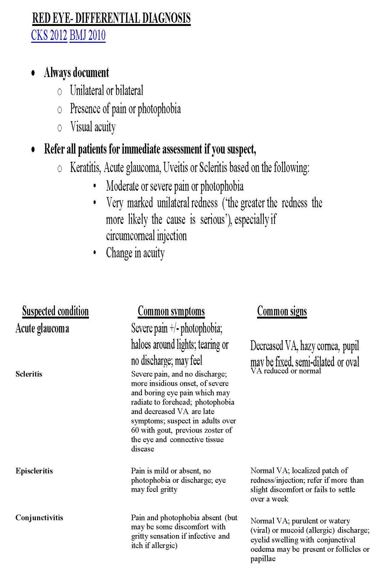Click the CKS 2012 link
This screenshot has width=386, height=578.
coord(49,36)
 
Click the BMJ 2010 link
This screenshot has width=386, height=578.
coord(87,36)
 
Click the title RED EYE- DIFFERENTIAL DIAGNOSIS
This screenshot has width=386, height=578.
coord(111,18)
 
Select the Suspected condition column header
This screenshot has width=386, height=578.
coord(55,311)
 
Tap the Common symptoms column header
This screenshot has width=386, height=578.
coord(171,311)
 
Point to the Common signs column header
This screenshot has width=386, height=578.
coord(282,311)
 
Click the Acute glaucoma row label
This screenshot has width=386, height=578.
coord(42,328)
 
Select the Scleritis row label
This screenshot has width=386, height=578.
coord(29,374)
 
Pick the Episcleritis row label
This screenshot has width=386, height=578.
coord(34,471)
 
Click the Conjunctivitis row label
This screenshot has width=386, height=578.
coord(39,518)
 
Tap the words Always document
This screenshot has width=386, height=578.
coord(76,73)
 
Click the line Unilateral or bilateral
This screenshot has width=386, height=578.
coord(106,90)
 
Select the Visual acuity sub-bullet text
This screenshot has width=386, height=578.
coord(93,127)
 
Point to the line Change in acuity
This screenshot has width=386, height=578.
coord(135,253)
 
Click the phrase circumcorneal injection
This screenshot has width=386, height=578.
coord(146,236)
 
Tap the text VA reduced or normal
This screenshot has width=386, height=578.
coord(286,371)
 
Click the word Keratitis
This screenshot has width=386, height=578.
coord(85,168)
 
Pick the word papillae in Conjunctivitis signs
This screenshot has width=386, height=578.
coord(263,559)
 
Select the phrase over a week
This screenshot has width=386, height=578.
coord(269,499)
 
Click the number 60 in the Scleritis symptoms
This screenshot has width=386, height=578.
coord(135,430)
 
